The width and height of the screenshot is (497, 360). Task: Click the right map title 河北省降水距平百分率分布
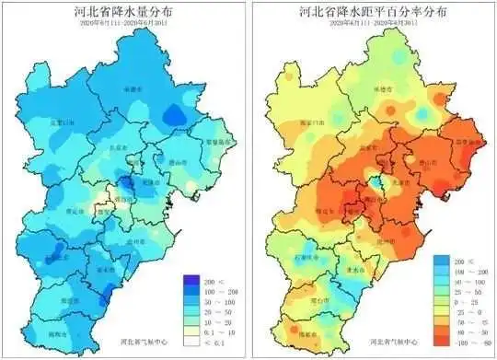tap(373, 14)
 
